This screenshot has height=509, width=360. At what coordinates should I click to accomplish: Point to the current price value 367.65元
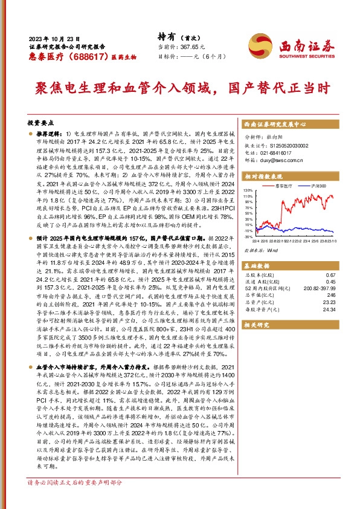pos(193,47)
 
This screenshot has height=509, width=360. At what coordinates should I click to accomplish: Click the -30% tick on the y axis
pos(248,237)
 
